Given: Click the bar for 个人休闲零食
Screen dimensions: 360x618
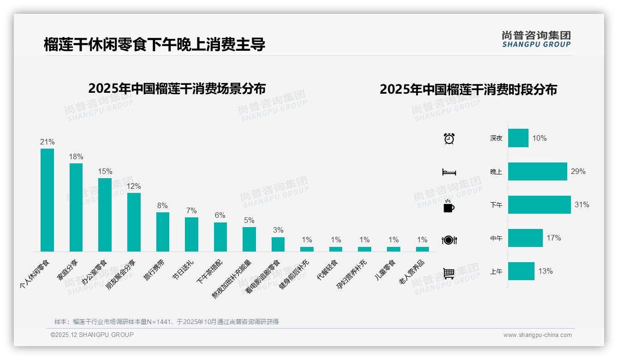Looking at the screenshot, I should (x=47, y=200).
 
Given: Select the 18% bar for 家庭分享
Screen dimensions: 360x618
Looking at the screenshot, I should (x=76, y=207).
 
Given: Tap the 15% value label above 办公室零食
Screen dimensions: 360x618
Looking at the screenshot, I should (x=105, y=171).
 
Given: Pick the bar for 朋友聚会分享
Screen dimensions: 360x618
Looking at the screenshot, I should (x=134, y=222).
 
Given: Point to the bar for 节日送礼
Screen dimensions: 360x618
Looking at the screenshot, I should (x=191, y=234).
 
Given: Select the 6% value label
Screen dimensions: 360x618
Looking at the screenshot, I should (x=220, y=215).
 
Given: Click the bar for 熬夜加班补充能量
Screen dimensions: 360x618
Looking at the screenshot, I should (x=249, y=239).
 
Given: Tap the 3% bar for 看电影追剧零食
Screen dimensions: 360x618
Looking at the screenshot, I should (x=278, y=244).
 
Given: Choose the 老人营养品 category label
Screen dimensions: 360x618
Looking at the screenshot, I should (x=412, y=272).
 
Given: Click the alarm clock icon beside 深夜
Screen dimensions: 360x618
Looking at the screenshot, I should (x=449, y=138).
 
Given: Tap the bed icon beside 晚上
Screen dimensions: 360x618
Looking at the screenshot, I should (x=449, y=172).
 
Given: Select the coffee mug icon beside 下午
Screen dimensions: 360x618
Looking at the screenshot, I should (x=449, y=206).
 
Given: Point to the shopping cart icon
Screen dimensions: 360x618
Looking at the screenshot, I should (x=449, y=273).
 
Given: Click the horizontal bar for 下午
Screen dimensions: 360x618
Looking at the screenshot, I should (x=539, y=205).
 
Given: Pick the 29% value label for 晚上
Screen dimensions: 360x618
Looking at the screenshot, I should (x=578, y=171).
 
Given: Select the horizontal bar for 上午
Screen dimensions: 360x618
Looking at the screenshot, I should (x=521, y=271).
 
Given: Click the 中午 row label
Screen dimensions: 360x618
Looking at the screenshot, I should (x=496, y=239).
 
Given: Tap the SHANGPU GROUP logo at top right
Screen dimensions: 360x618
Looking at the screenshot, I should (x=536, y=39).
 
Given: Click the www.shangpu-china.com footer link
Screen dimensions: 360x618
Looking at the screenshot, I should (x=537, y=335).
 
